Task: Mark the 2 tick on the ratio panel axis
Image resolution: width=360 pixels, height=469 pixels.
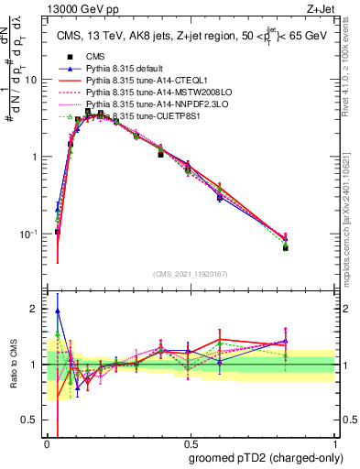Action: (37, 310)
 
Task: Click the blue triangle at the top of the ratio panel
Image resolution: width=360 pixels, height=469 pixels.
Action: (58, 311)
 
